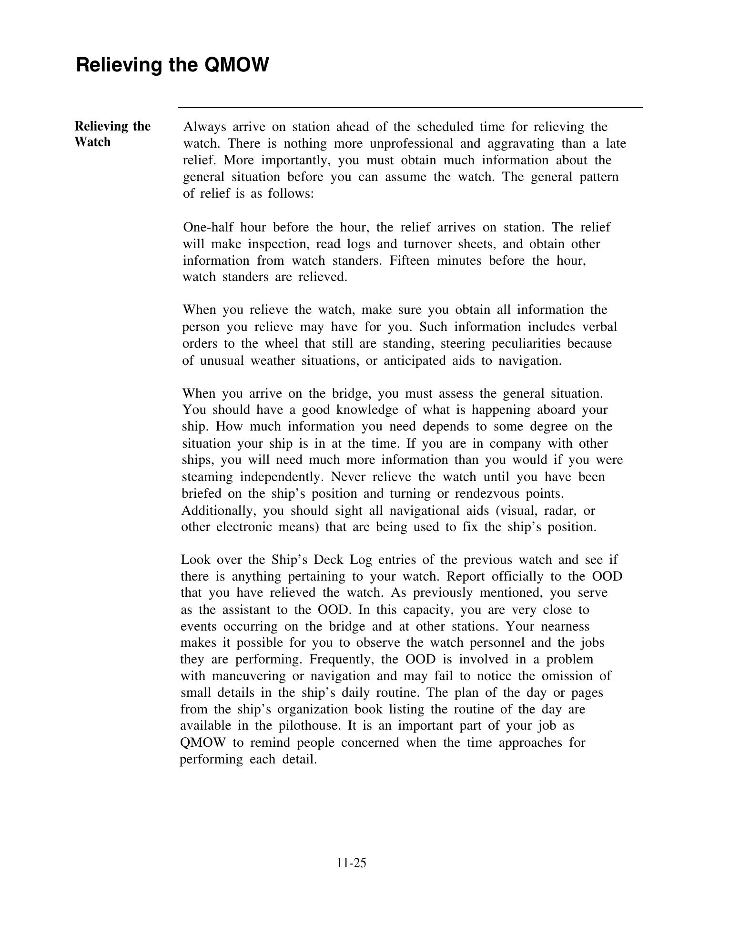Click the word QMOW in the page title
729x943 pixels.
[236, 65]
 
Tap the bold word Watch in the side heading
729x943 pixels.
[92, 142]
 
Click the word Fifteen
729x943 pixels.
[409, 261]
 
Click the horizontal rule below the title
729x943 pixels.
[410, 108]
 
